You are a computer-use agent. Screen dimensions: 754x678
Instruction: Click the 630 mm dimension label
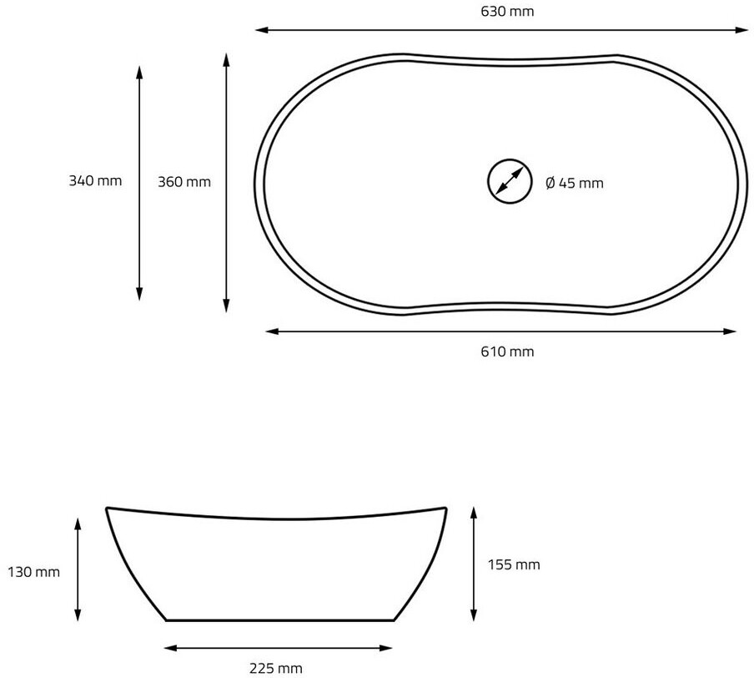(x=507, y=11)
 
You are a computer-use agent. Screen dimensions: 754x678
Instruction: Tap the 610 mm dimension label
(x=507, y=352)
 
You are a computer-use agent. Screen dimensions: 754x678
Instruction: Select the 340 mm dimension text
(x=95, y=181)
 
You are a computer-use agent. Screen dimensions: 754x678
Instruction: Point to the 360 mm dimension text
(x=184, y=182)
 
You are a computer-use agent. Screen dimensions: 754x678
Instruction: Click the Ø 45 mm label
(x=575, y=183)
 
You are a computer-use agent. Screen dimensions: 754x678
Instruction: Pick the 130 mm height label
(x=33, y=572)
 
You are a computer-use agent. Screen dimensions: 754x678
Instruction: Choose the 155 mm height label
(x=514, y=564)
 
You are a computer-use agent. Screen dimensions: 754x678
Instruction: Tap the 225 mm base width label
(x=276, y=668)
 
